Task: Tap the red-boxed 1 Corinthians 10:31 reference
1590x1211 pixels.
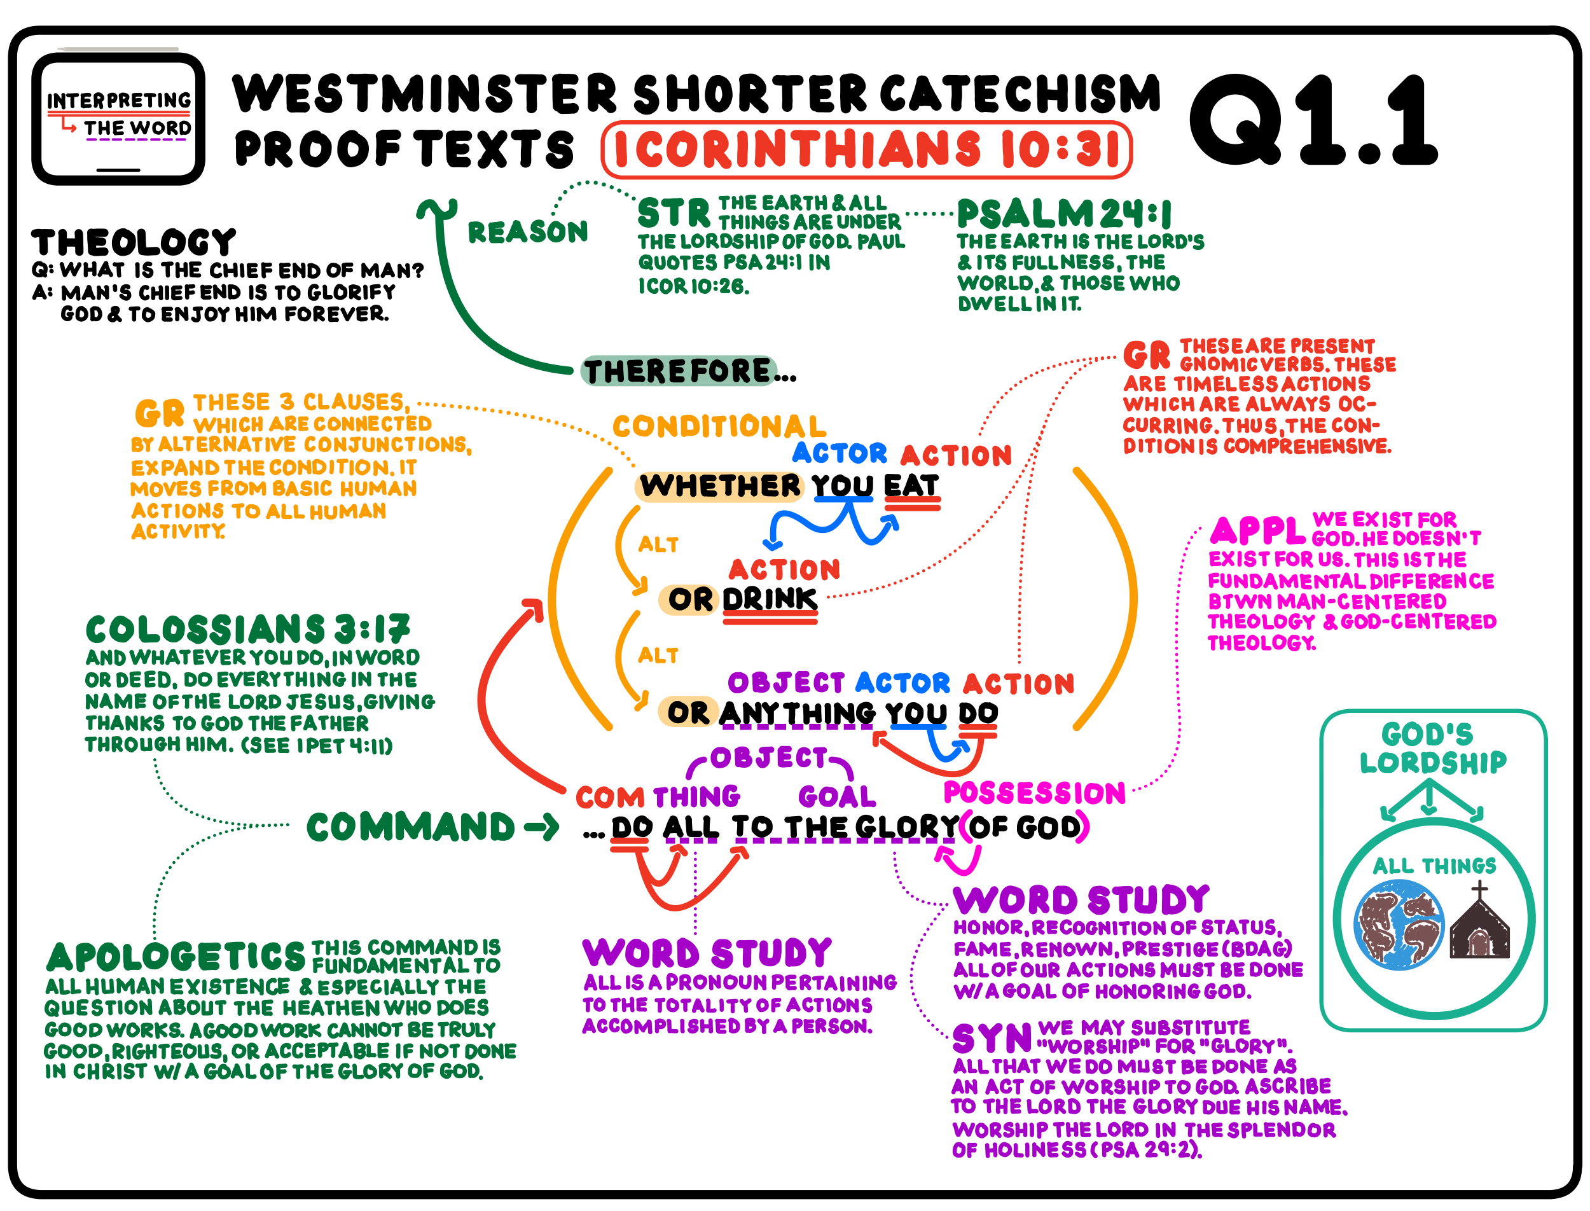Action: [866, 150]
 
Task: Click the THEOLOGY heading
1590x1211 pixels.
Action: [134, 243]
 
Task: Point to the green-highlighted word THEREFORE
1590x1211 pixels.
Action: [677, 371]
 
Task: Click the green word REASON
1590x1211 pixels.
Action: [528, 232]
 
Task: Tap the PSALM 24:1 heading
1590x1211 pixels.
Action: [1064, 214]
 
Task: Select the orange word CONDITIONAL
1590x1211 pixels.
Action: [719, 427]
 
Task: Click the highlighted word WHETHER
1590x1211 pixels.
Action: [719, 486]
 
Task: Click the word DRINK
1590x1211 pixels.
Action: [770, 599]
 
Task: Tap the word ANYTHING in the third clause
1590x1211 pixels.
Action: [796, 713]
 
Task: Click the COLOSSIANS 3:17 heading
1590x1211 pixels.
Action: [247, 629]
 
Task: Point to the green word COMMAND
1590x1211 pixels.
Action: [410, 827]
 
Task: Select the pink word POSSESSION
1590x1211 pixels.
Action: [1034, 793]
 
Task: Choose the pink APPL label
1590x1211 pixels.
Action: [1257, 531]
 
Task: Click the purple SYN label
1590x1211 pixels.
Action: [991, 1039]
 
